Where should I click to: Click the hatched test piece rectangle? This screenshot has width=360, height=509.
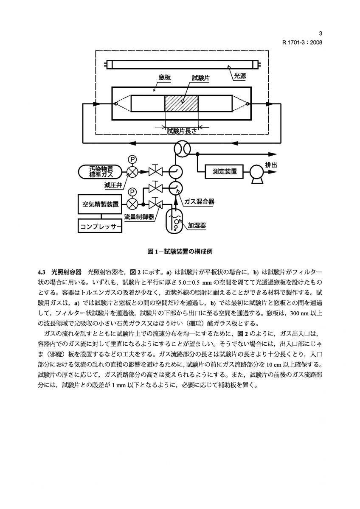[x=181, y=103]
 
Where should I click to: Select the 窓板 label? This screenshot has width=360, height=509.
[x=164, y=78]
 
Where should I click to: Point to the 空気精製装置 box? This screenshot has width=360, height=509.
[x=100, y=204]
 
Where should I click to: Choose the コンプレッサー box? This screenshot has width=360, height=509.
[x=101, y=227]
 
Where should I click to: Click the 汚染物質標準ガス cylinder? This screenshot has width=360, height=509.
[x=100, y=171]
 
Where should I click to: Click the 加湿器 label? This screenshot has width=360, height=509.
[x=197, y=226]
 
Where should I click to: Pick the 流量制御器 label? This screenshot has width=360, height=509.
[x=138, y=216]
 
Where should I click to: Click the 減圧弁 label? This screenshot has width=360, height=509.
[x=112, y=185]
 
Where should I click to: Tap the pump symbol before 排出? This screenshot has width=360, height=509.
[x=256, y=172]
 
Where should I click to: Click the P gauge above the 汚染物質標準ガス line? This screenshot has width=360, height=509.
[x=132, y=159]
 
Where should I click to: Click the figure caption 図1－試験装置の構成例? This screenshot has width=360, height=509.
[x=180, y=251]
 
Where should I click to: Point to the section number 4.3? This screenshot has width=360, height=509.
[x=41, y=271]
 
